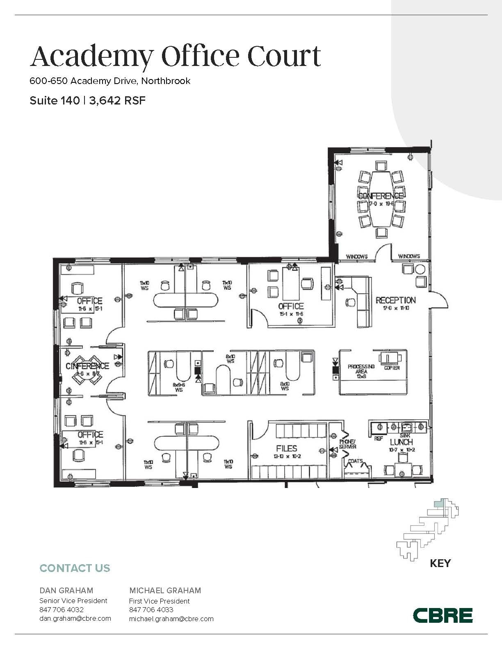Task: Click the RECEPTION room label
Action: click(395, 300)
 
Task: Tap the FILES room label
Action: click(286, 448)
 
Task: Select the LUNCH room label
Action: click(401, 442)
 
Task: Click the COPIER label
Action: click(392, 368)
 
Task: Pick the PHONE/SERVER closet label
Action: click(347, 444)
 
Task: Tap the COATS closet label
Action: click(355, 461)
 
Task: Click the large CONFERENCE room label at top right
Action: click(381, 196)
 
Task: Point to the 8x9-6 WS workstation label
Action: click(179, 387)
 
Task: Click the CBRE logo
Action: click(443, 615)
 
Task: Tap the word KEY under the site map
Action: click(440, 563)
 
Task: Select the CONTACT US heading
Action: click(75, 568)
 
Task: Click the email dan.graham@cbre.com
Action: click(75, 619)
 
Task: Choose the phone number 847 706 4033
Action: click(151, 610)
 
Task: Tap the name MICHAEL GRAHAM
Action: click(165, 590)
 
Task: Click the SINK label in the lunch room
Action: click(405, 436)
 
